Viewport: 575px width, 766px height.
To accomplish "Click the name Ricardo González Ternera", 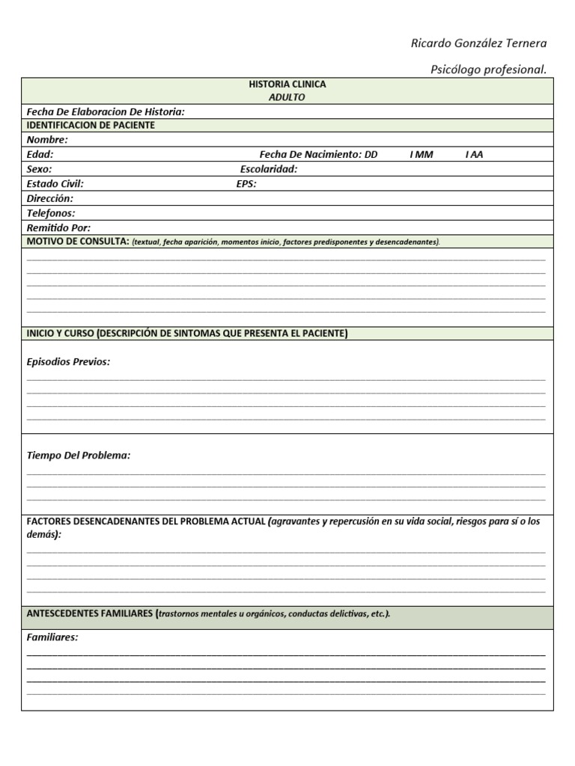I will [478, 43].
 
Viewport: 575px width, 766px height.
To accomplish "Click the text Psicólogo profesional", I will [488, 70].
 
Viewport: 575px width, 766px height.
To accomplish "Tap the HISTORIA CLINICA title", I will [287, 85].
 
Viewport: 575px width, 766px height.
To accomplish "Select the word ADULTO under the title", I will [287, 97].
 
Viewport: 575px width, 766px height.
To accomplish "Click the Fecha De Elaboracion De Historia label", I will [106, 111].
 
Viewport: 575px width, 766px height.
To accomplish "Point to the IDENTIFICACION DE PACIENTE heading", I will [91, 125].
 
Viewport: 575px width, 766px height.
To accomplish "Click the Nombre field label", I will [47, 140].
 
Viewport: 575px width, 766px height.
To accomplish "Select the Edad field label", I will [40, 154].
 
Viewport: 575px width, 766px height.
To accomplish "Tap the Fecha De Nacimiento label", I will [311, 154].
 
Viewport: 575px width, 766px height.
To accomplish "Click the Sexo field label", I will [40, 169].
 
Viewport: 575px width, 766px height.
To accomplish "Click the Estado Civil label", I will [55, 183].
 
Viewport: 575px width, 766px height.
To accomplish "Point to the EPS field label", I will [246, 183].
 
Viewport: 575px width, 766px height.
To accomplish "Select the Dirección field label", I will [50, 198].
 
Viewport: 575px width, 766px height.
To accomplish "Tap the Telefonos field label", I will [51, 213].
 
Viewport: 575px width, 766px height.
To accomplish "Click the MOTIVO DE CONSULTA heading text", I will [78, 241].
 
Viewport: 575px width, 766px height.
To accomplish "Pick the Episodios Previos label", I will [68, 361].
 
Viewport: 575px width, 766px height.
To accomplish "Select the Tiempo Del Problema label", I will [79, 455].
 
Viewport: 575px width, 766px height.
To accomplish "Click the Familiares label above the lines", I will [52, 637].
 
